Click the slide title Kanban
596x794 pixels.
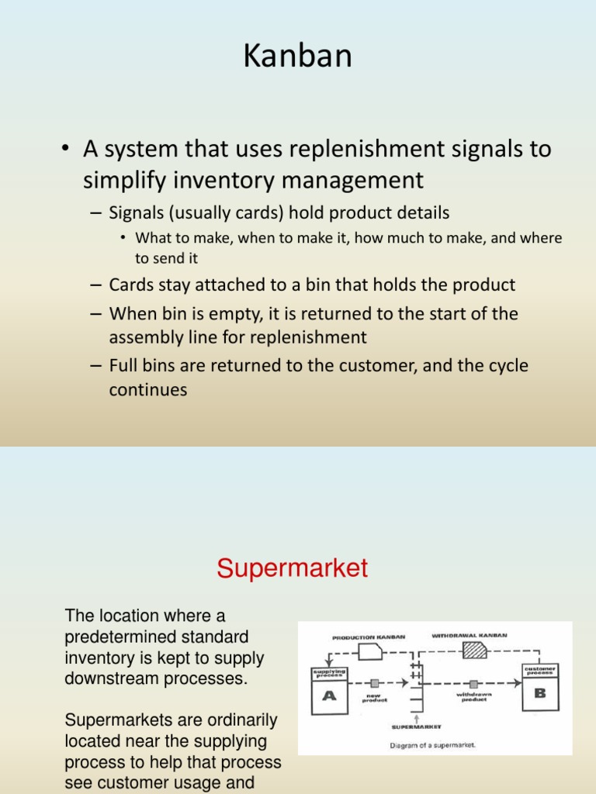[298, 56]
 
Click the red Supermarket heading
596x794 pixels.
[292, 568]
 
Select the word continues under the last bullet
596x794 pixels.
[148, 389]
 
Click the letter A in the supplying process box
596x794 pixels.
[330, 696]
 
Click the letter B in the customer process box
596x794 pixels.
[539, 692]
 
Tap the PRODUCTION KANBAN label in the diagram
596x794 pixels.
[369, 637]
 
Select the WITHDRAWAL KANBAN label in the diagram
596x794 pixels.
[469, 635]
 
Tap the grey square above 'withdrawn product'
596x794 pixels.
[473, 683]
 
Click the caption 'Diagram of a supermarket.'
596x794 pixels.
[432, 745]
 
